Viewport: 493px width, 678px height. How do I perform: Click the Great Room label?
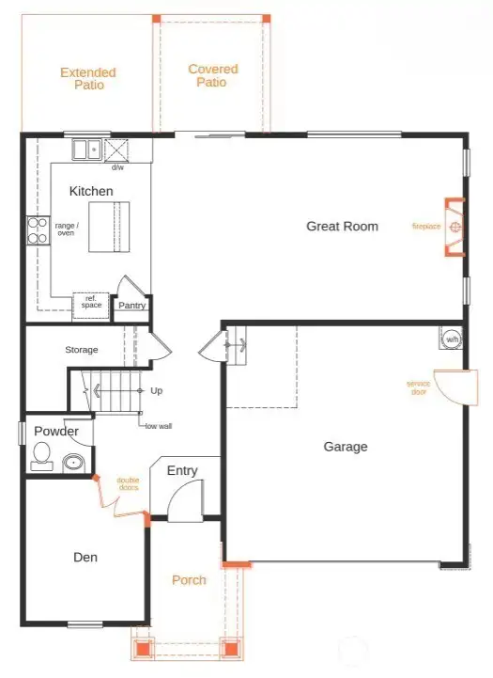[x=342, y=226]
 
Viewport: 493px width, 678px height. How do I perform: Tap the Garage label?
[x=346, y=447]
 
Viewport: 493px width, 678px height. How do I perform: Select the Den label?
[x=85, y=557]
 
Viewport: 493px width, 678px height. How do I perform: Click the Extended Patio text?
[x=88, y=78]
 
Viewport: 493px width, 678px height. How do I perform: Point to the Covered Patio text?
[x=212, y=75]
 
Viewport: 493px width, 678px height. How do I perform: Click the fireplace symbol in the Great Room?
[x=454, y=227]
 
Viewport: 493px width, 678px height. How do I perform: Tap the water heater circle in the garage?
[x=451, y=339]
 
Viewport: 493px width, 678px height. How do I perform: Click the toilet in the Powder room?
[x=41, y=457]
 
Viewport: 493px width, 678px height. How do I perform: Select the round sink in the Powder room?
[x=73, y=463]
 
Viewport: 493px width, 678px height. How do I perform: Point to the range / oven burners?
[x=38, y=230]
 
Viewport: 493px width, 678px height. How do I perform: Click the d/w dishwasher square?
[x=117, y=150]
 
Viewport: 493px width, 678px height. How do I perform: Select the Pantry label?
[x=131, y=305]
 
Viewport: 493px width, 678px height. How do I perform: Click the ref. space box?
[x=91, y=303]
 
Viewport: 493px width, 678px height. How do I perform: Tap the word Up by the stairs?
[x=156, y=390]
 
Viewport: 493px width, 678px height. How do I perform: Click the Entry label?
[x=181, y=470]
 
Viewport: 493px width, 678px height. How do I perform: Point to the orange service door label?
[x=419, y=387]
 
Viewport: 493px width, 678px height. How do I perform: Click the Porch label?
[x=189, y=580]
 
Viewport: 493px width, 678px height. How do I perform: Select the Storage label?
[x=82, y=350]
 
